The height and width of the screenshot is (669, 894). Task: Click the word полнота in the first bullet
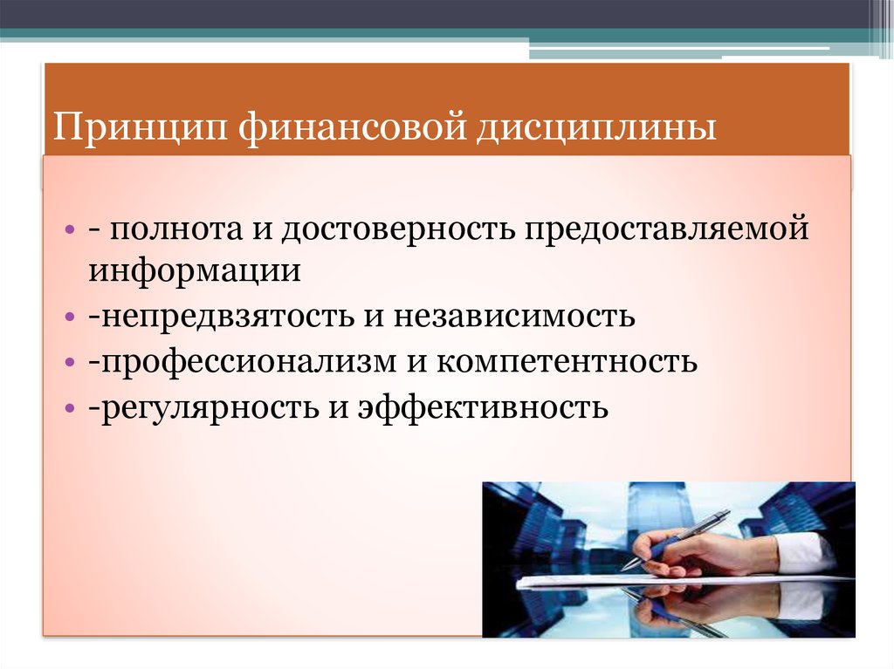pos(175,229)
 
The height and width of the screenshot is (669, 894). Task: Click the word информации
pos(194,271)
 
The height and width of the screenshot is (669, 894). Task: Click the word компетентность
pos(567,361)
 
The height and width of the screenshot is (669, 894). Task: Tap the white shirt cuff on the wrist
pos(804,553)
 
